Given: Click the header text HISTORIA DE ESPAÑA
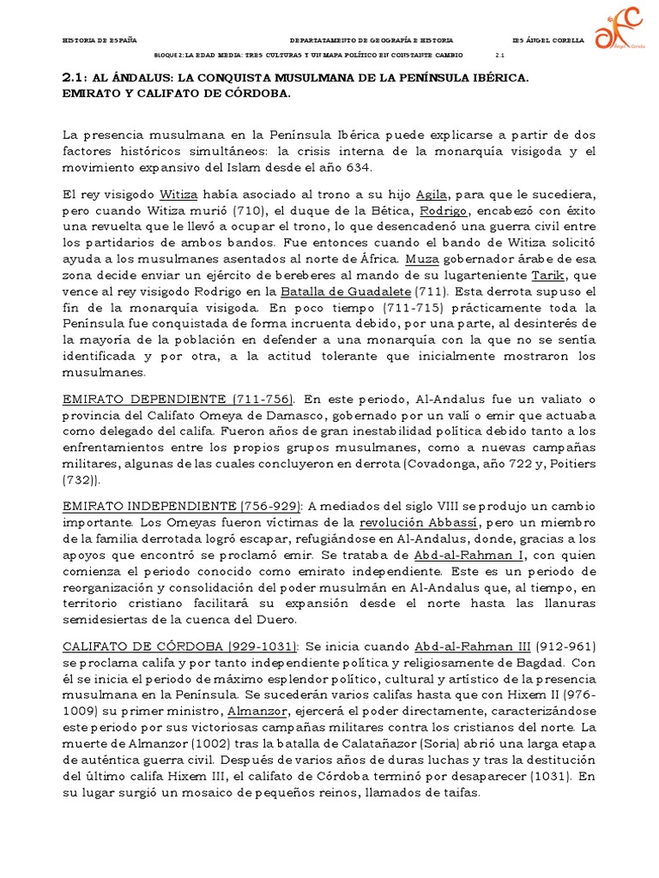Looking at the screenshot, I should [100, 40].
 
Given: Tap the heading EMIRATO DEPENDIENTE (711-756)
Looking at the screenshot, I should [178, 400].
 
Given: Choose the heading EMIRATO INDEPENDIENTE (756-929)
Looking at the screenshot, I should [184, 507].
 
